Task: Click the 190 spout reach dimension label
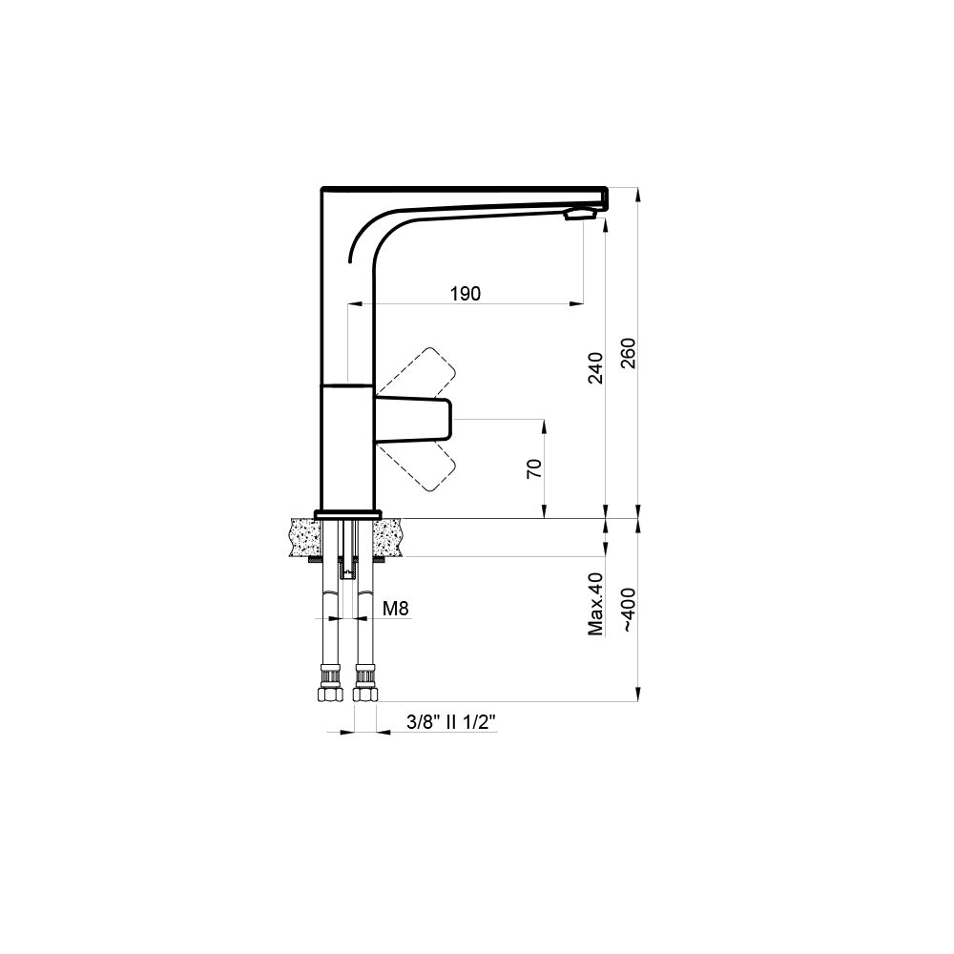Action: point(466,293)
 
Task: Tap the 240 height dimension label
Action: point(595,368)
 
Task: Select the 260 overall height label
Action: point(628,353)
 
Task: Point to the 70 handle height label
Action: point(533,468)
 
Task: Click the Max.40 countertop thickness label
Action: point(595,604)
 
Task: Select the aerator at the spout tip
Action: point(580,213)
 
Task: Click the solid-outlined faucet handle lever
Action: point(414,419)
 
